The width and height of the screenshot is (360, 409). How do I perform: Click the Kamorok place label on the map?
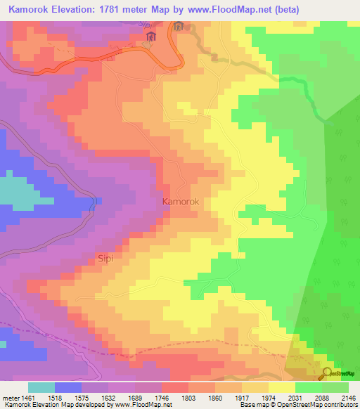(181, 202)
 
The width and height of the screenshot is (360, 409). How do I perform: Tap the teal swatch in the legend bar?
(41, 387)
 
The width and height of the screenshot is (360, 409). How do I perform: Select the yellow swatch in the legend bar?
(282, 387)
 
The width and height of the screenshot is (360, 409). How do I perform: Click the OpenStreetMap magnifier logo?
(328, 373)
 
